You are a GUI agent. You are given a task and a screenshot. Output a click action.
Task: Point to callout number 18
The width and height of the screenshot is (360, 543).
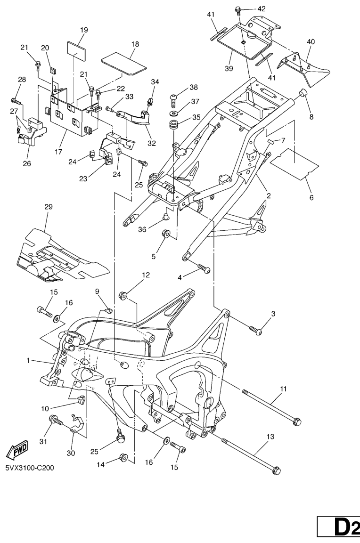click(135, 43)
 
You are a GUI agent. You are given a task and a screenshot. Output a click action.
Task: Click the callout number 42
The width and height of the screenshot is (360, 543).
click(261, 8)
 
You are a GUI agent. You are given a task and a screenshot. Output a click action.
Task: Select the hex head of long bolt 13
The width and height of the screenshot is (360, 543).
click(277, 470)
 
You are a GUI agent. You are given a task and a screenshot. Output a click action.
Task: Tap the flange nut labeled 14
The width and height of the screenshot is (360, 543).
click(125, 457)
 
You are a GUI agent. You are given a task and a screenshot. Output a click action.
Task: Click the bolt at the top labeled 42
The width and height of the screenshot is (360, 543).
click(238, 10)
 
